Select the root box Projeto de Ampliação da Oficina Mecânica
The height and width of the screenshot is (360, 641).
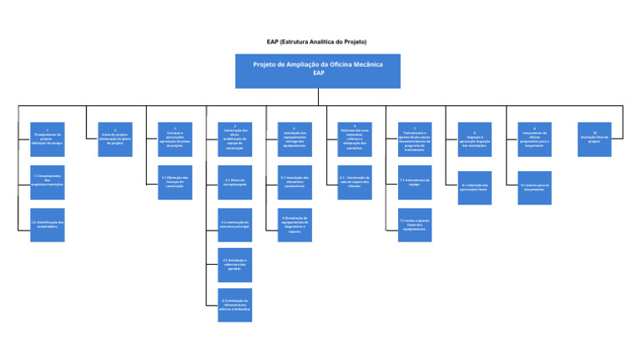click(317, 70)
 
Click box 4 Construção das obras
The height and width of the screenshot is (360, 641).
click(235, 139)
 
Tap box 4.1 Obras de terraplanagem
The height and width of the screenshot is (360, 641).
click(235, 181)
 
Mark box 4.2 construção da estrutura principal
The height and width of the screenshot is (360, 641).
click(235, 224)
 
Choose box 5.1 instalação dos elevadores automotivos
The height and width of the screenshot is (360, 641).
click(295, 181)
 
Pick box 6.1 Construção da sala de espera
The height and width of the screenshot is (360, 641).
click(354, 181)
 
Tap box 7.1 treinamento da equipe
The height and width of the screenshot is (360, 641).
click(414, 181)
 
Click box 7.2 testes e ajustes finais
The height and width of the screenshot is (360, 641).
click(414, 224)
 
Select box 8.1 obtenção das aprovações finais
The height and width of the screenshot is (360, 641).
click(474, 181)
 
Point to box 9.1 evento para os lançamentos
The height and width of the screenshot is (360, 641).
click(533, 181)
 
